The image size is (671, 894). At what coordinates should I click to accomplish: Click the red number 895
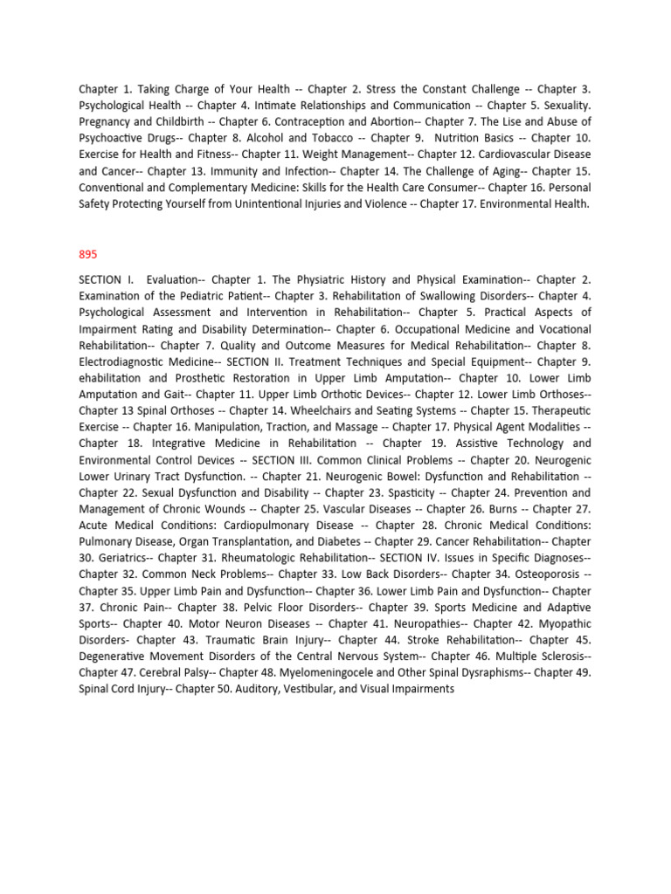coord(88,254)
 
